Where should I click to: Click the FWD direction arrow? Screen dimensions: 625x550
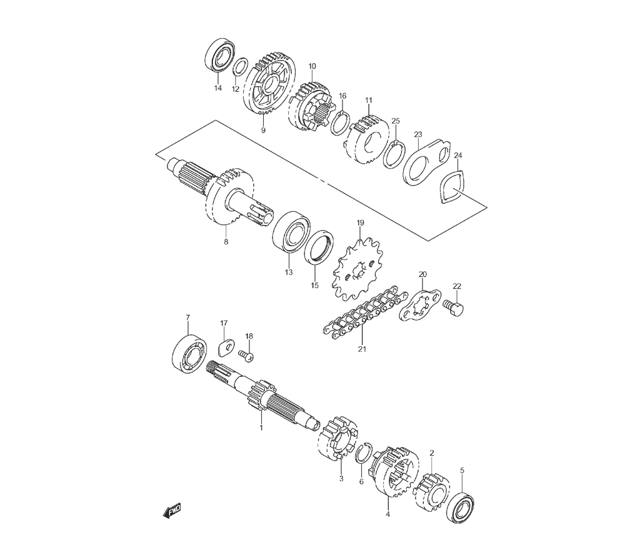(172, 511)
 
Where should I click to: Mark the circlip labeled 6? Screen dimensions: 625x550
(363, 453)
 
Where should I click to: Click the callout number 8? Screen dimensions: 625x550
(226, 241)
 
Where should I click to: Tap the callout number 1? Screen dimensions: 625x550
(261, 427)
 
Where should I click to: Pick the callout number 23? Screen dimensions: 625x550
(417, 134)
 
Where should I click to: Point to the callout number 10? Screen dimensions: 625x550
(312, 66)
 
